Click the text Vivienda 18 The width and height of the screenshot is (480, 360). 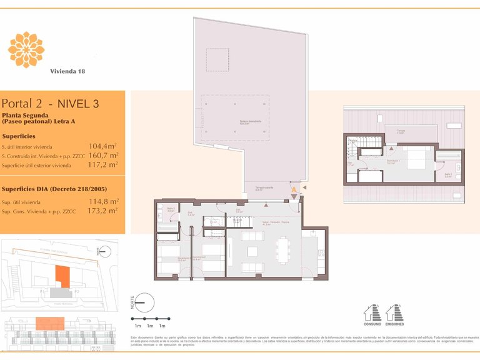[x=67, y=71]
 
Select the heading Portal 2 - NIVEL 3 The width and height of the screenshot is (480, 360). [x=50, y=104]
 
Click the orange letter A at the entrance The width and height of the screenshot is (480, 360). [x=294, y=189]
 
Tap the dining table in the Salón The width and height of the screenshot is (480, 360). [x=283, y=251]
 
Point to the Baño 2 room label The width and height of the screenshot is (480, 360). [x=171, y=209]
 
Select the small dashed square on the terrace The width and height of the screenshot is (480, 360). [x=217, y=61]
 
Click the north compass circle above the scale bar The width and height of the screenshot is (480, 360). [x=144, y=302]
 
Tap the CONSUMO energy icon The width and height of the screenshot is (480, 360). [x=372, y=312]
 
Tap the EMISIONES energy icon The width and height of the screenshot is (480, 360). [x=394, y=312]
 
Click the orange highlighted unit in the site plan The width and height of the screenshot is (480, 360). [x=62, y=276]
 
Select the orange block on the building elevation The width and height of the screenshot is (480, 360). [x=49, y=323]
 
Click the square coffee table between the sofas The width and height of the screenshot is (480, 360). [x=252, y=251]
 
